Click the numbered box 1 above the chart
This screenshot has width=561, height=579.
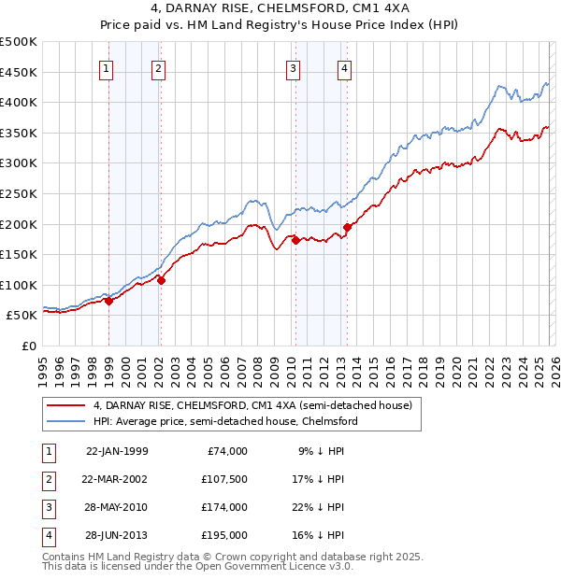[x=107, y=68]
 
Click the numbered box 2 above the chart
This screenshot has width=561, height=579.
[x=159, y=68]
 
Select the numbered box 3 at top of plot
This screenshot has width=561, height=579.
[x=293, y=68]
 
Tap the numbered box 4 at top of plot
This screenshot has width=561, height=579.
[x=345, y=68]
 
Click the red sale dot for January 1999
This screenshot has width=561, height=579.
[x=108, y=301]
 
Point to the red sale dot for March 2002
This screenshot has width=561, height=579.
[x=161, y=280]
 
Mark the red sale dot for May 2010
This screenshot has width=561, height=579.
[x=295, y=240]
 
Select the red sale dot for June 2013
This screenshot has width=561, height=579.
[x=347, y=227]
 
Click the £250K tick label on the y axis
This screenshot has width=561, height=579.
[x=19, y=193]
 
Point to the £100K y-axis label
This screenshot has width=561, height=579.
[x=19, y=285]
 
